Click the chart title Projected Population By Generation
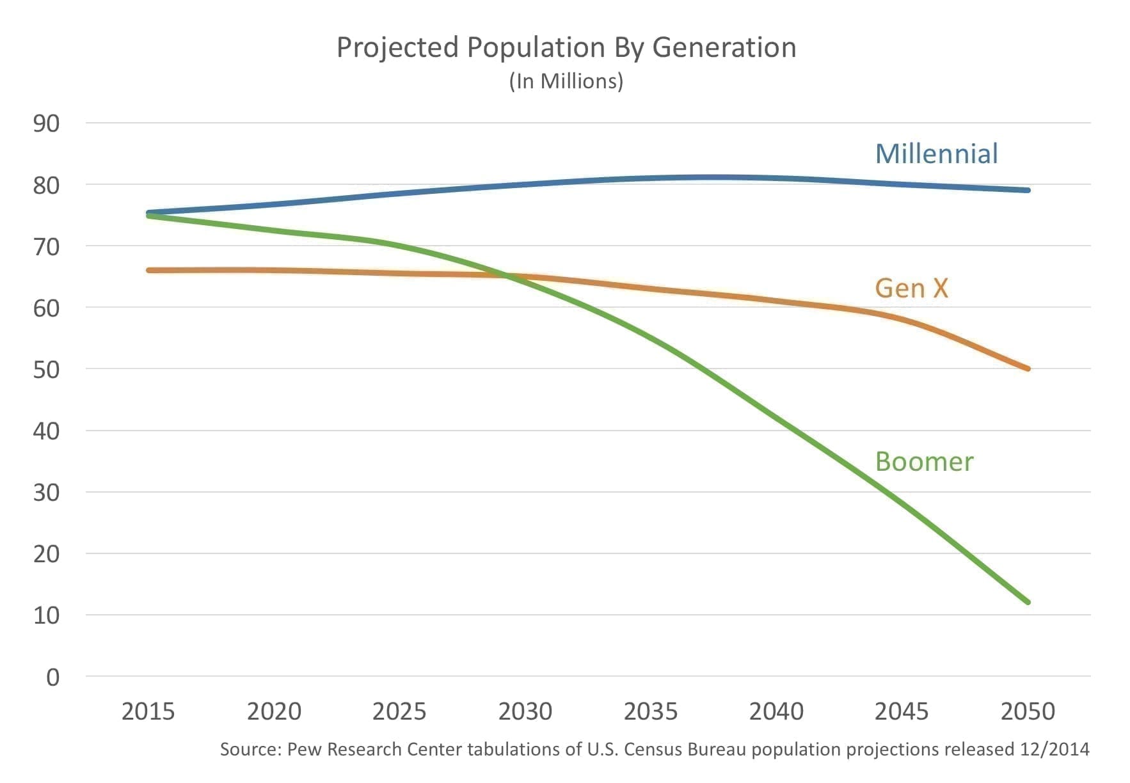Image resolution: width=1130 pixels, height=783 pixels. [x=566, y=48]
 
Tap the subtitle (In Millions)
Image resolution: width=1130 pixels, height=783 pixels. [x=566, y=81]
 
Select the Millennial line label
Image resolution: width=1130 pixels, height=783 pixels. [x=936, y=154]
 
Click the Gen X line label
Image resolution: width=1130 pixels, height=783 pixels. [x=911, y=288]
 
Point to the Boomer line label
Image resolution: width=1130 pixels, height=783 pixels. [x=924, y=461]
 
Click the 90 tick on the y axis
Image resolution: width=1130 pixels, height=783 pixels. [x=46, y=123]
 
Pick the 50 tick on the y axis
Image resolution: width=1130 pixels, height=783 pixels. [x=46, y=370]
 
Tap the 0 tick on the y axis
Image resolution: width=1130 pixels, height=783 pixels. [x=52, y=677]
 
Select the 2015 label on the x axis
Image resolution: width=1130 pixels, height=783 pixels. [x=148, y=711]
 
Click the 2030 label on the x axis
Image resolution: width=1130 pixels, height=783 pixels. [x=525, y=711]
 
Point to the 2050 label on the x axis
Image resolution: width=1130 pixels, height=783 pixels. [x=1028, y=711]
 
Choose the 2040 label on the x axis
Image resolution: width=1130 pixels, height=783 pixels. [x=776, y=711]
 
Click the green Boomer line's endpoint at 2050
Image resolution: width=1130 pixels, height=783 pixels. [x=1028, y=602]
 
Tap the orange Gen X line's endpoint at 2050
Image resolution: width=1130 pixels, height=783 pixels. [x=1028, y=368]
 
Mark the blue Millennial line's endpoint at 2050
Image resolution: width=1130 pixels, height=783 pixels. [x=1028, y=190]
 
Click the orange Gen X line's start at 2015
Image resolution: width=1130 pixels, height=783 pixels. [x=148, y=271]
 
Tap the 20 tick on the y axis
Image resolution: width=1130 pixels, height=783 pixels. [x=46, y=554]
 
